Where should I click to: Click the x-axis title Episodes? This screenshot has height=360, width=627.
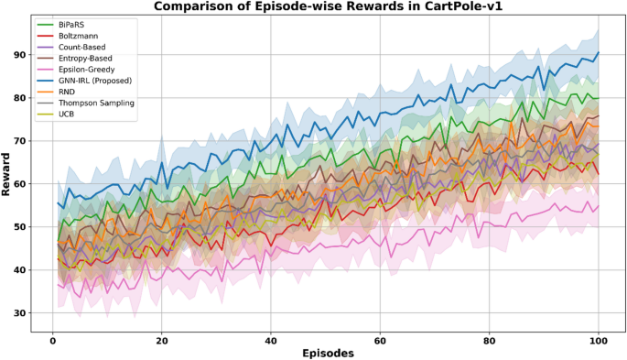point(325,352)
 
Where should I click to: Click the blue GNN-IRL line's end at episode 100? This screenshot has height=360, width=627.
point(598,53)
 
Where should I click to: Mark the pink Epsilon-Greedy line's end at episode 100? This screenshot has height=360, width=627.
point(598,206)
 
